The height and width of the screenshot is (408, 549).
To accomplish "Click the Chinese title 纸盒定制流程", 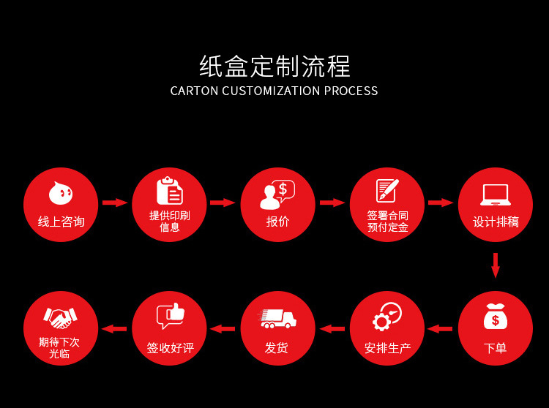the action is [274, 67].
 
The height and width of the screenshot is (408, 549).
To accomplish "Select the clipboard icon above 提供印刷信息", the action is [169, 191].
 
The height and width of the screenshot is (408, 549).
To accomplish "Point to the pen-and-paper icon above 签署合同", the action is [386, 191].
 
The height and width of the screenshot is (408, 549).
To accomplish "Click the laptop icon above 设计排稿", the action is [496, 194].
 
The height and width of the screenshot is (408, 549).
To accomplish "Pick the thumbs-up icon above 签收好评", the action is [170, 316].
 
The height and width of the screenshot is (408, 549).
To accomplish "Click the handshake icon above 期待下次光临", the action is [61, 317].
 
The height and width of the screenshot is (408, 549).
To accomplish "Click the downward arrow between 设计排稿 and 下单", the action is [496, 265].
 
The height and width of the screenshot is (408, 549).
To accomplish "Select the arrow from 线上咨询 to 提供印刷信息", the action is [115, 203].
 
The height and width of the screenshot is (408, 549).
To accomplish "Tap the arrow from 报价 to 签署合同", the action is [332, 203].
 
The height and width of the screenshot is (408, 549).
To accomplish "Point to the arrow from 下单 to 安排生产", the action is [440, 329].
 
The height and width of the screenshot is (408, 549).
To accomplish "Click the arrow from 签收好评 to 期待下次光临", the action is [114, 329].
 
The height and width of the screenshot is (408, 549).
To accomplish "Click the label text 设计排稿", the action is [496, 222].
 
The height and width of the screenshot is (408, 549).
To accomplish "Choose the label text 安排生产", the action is [387, 348].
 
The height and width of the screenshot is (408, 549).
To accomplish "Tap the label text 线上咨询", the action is [61, 222].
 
